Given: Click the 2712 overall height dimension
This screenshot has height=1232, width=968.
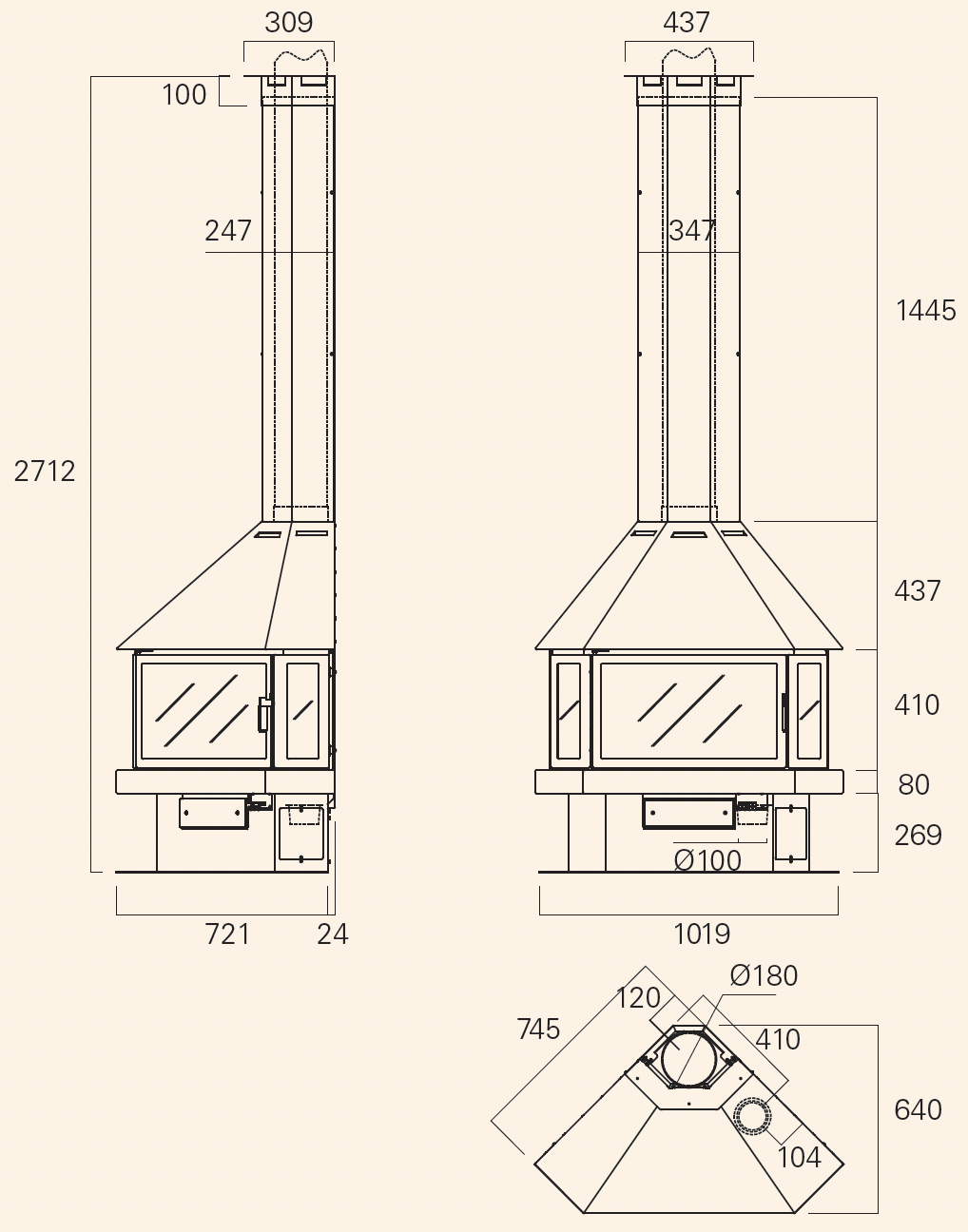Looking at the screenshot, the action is pyautogui.click(x=45, y=472).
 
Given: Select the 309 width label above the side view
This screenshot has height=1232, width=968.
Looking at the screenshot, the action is pyautogui.click(x=289, y=23).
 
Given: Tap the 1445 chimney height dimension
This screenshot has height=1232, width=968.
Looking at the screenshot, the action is pyautogui.click(x=925, y=311).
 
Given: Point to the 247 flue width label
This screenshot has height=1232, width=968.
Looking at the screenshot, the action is pyautogui.click(x=228, y=231).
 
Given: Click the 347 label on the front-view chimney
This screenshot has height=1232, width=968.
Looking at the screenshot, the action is pyautogui.click(x=692, y=231).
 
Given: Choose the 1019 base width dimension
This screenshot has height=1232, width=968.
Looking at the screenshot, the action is pyautogui.click(x=702, y=934).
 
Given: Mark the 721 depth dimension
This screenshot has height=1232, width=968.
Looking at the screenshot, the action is pyautogui.click(x=227, y=934).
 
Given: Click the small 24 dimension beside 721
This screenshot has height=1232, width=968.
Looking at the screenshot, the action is pyautogui.click(x=332, y=934).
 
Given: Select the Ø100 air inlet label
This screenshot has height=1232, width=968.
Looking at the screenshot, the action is pyautogui.click(x=707, y=860).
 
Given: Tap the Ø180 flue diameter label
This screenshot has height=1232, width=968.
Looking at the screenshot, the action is pyautogui.click(x=764, y=975).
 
